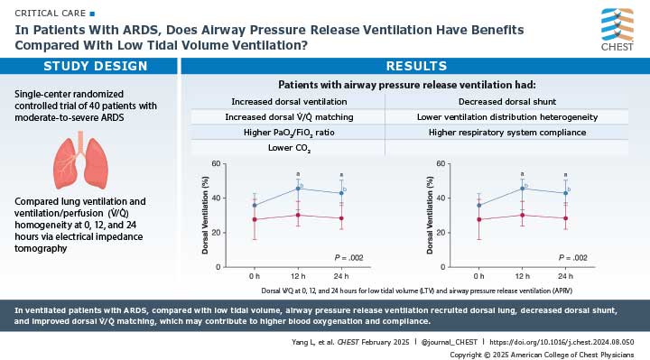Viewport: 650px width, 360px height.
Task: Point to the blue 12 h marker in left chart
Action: pyautogui.click(x=297, y=188)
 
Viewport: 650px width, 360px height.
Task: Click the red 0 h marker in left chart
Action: pyautogui.click(x=255, y=219)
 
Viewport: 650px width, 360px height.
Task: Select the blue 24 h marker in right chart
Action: pyautogui.click(x=565, y=193)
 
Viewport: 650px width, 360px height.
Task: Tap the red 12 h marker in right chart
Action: pyautogui.click(x=523, y=215)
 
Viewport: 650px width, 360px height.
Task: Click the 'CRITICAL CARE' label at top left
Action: pyautogui.click(x=42, y=11)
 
